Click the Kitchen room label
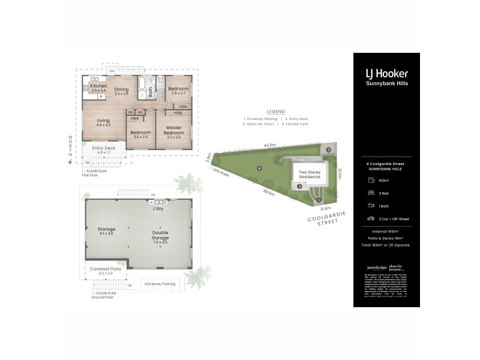click(98, 86)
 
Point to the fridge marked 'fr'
click(102, 96)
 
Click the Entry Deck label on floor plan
click(104, 148)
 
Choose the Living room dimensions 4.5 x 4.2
click(103, 125)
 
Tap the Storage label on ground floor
click(106, 229)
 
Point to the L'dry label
click(158, 208)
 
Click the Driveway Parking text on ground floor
click(160, 283)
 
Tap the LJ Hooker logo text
click(386, 73)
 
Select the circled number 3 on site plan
click(329, 149)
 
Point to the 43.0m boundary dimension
click(270, 145)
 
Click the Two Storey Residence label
click(310, 174)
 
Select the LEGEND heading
click(275, 112)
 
